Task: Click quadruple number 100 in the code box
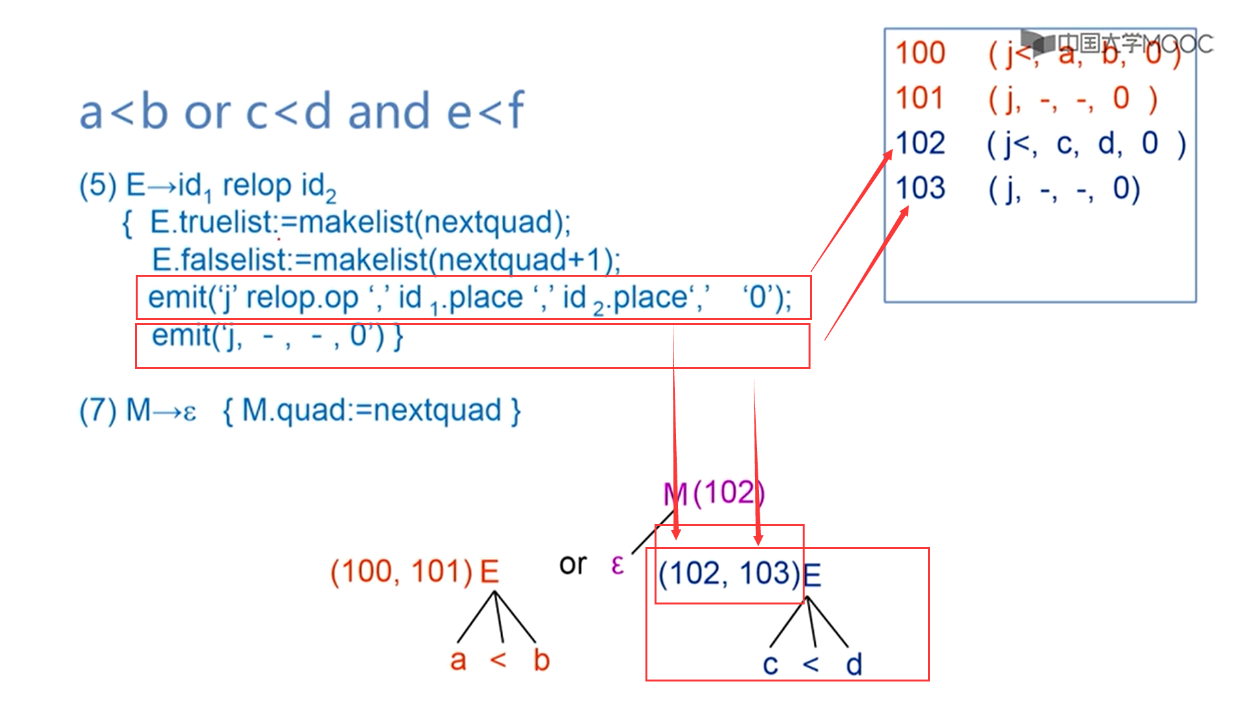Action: pos(920,53)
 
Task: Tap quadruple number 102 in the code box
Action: pos(920,143)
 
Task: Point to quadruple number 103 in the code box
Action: pos(920,188)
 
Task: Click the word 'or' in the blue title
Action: pos(208,112)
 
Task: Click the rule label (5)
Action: pos(97,185)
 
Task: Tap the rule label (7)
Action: pos(97,411)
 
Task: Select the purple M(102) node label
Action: pos(714,493)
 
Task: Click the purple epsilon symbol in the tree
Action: pos(617,564)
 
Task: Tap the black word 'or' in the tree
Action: pos(573,565)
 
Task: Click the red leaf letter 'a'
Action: pos(458,660)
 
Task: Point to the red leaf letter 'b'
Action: pos(541,660)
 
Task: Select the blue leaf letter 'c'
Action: pos(770,665)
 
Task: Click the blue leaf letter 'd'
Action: pos(854,665)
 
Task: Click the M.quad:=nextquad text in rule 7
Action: pos(371,411)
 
